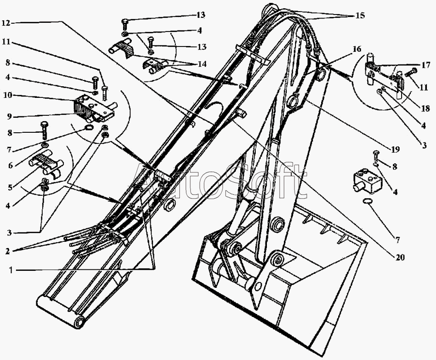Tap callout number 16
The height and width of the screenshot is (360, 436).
357,49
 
